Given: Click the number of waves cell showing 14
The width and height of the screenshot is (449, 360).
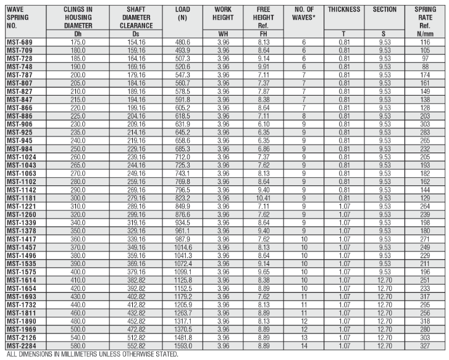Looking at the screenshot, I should pos(304,346).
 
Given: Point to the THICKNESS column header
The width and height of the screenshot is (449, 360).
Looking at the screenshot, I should pos(344,10).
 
